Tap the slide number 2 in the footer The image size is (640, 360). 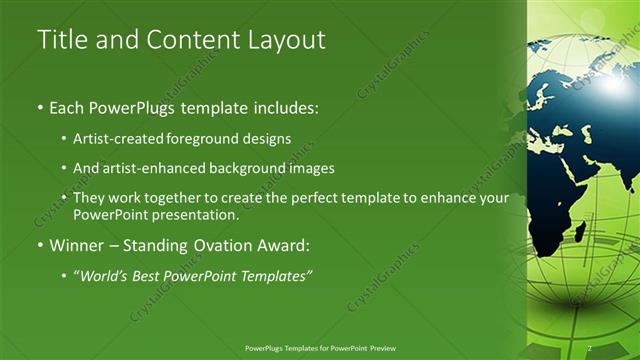point(590,348)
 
